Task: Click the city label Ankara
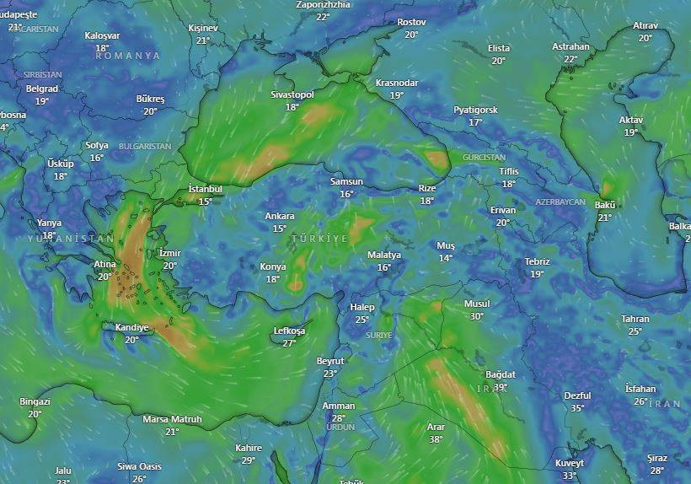(x=279, y=217)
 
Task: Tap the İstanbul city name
(x=205, y=189)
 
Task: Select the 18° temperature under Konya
(x=272, y=279)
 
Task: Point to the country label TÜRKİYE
(x=319, y=239)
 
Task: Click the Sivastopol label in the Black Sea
(x=292, y=95)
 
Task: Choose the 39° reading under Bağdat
(x=500, y=387)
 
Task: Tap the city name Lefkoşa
(x=289, y=331)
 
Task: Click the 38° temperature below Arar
(x=436, y=439)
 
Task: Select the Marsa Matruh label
(x=172, y=419)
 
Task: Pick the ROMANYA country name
(x=127, y=56)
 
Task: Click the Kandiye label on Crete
(x=131, y=328)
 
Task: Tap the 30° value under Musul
(x=477, y=316)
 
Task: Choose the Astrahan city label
(x=570, y=47)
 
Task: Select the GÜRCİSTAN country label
(x=484, y=158)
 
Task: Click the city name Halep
(x=362, y=307)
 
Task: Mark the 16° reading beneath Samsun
(x=346, y=194)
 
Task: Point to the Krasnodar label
(x=397, y=83)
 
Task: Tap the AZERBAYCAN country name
(x=560, y=202)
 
